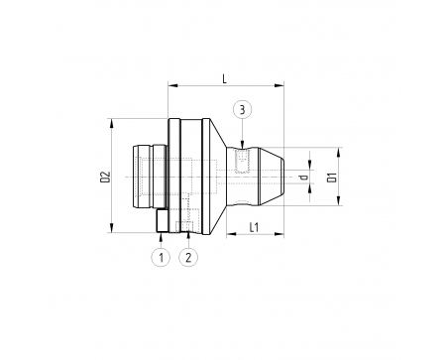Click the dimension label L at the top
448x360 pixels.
click(x=225, y=78)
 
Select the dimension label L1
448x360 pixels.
click(x=254, y=227)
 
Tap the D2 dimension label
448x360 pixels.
click(x=105, y=177)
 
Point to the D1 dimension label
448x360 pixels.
click(x=332, y=178)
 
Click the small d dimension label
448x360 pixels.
click(x=303, y=178)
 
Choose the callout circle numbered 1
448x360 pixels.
click(x=161, y=257)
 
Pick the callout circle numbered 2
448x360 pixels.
click(x=188, y=257)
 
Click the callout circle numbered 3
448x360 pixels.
click(x=242, y=109)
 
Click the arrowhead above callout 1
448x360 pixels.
click(x=161, y=236)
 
